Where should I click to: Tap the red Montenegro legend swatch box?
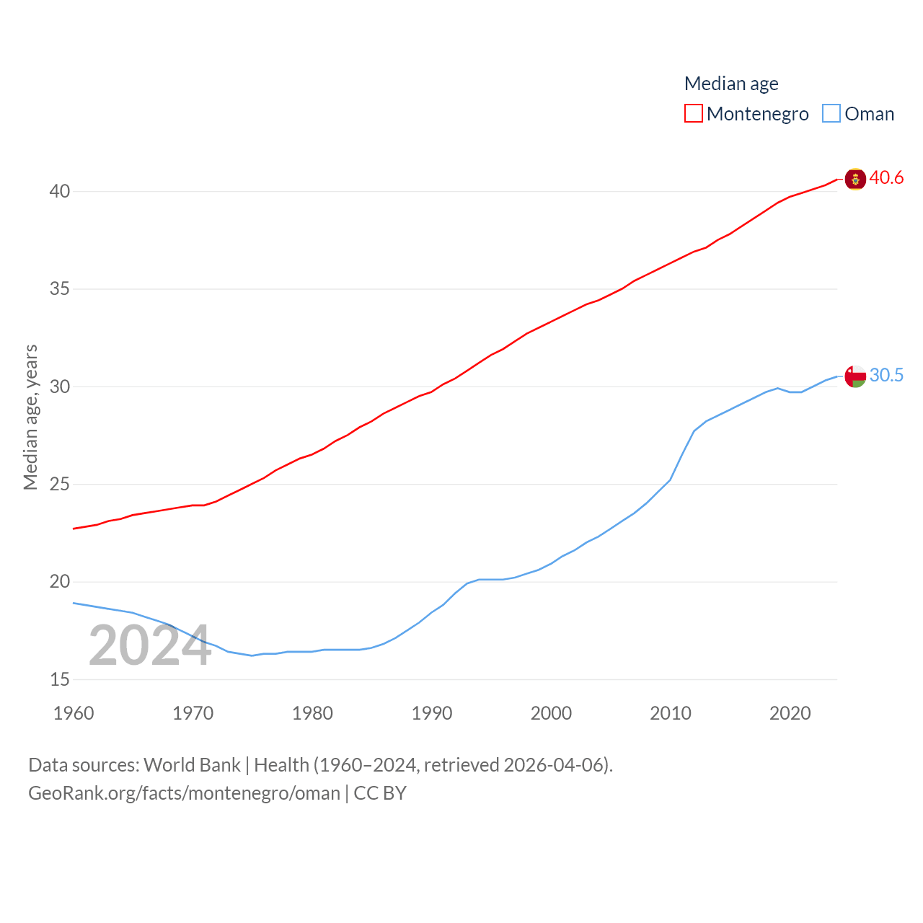pyautogui.click(x=694, y=113)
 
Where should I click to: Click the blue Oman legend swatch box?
pyautogui.click(x=831, y=113)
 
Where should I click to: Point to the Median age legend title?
pyautogui.click(x=731, y=84)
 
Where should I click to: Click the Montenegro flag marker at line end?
pyautogui.click(x=855, y=179)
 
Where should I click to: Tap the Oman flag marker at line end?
pyautogui.click(x=855, y=376)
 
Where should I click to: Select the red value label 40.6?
pyautogui.click(x=886, y=177)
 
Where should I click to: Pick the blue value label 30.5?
pyautogui.click(x=886, y=375)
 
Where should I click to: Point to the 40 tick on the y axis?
pyautogui.click(x=60, y=191)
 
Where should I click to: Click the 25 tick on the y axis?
pyautogui.click(x=60, y=484)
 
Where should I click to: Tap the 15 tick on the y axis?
pyautogui.click(x=60, y=679)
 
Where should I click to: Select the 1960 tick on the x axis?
pyautogui.click(x=74, y=713)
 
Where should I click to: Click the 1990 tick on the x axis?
pyautogui.click(x=432, y=713)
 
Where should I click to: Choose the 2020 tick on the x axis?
pyautogui.click(x=790, y=713)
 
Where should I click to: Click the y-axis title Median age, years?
pyautogui.click(x=30, y=418)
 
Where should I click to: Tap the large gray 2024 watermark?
pyautogui.click(x=150, y=645)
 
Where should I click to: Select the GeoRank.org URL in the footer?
pyautogui.click(x=184, y=793)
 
